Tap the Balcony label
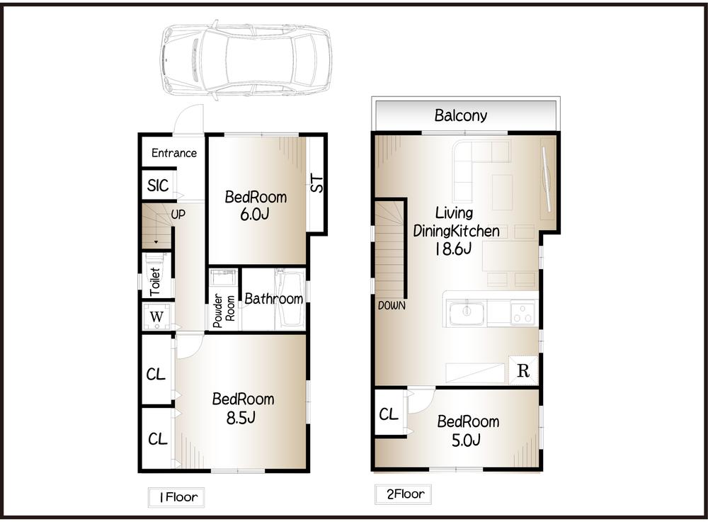point(461,115)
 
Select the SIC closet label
point(158,186)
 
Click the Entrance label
point(174,153)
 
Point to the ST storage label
point(317,183)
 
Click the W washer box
point(156,316)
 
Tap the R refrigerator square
point(523,370)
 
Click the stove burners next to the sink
point(523,312)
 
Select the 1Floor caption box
point(175,498)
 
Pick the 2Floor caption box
point(403,494)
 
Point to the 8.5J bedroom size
point(241,418)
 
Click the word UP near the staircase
point(178,212)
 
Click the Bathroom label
point(274,299)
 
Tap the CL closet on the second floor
point(389,414)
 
